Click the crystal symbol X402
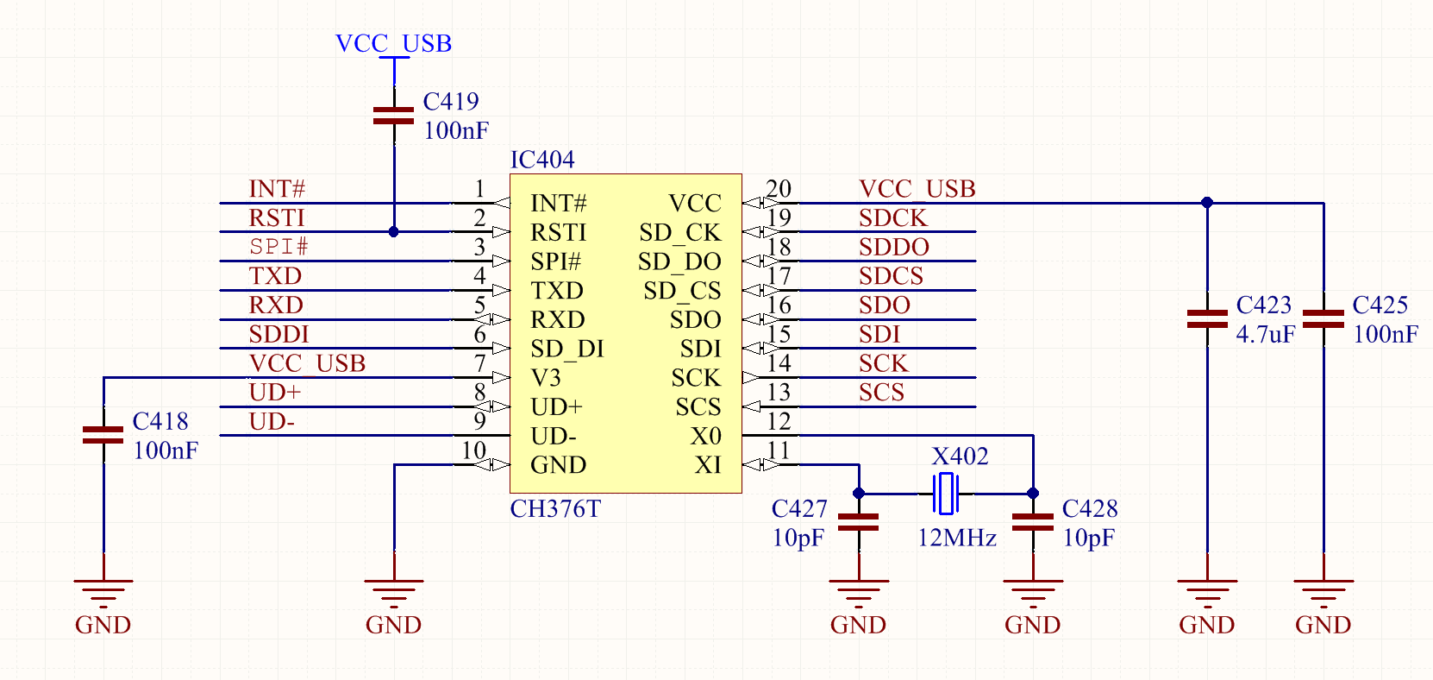tap(945, 494)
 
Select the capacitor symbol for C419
tap(394, 116)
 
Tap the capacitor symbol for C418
tap(103, 435)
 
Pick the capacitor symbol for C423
tap(1207, 319)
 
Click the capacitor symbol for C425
tap(1323, 319)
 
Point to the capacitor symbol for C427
tap(859, 522)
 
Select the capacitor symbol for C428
tap(1033, 522)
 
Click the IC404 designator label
tap(542, 160)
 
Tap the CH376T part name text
tap(555, 509)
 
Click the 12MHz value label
tap(956, 538)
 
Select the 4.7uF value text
tap(1265, 335)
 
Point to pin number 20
tap(779, 189)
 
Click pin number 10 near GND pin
tap(473, 450)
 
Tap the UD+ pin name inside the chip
tap(556, 407)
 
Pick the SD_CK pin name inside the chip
tap(679, 233)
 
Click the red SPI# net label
tap(278, 247)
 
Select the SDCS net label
tap(891, 276)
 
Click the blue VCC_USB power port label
tap(393, 43)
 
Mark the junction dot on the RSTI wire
tap(394, 232)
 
